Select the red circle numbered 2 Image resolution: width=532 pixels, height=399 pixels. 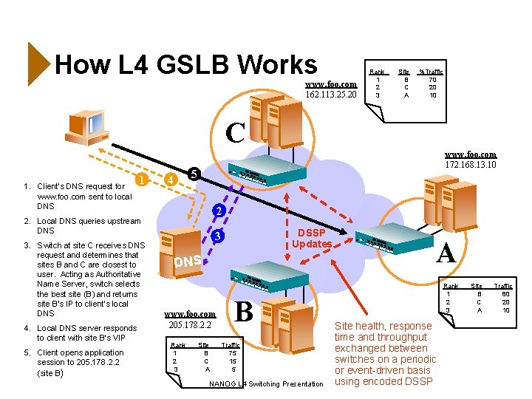point(217,211)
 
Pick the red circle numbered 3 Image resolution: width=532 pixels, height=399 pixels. point(217,237)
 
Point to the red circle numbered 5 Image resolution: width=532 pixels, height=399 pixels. point(192,174)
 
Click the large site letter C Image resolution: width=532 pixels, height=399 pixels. point(235,133)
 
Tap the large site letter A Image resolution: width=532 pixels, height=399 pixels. point(446,253)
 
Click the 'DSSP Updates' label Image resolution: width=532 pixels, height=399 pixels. point(311,237)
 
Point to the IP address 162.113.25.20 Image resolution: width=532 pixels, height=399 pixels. point(332,95)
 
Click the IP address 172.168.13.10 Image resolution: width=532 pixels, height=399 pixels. point(471,166)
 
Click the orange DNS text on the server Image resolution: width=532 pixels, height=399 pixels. point(188,262)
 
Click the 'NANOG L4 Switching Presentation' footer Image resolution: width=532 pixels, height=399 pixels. point(266,383)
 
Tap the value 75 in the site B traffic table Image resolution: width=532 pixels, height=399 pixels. point(232,353)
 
